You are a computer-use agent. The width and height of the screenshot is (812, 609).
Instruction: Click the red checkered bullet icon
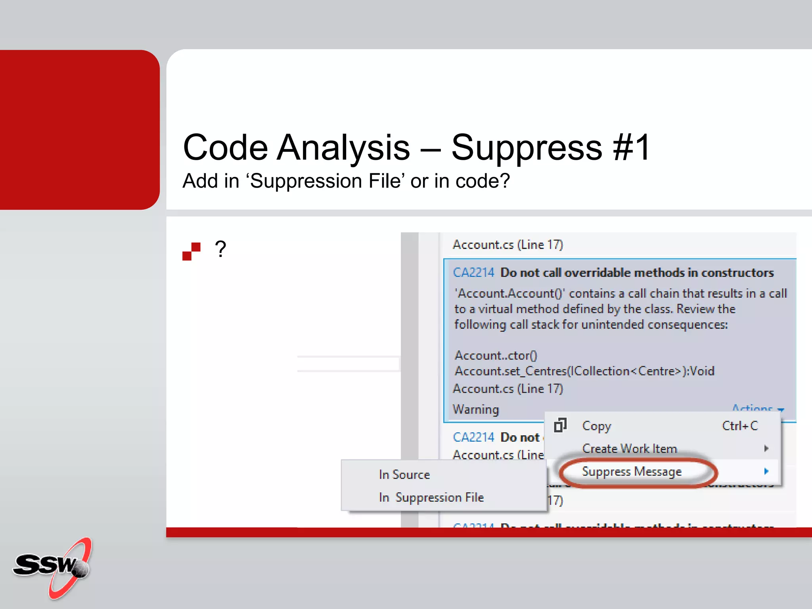click(x=191, y=251)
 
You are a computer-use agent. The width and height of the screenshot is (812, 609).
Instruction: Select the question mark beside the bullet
click(x=220, y=249)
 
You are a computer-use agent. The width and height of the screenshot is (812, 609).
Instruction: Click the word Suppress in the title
click(x=527, y=147)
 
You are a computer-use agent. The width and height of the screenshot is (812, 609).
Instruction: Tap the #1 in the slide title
click(x=631, y=147)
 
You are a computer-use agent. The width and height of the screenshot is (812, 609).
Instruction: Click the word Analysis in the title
click(x=343, y=147)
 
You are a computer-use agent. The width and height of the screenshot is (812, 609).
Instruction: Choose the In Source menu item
click(x=404, y=475)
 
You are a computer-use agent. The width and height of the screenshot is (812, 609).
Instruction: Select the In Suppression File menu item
click(x=431, y=497)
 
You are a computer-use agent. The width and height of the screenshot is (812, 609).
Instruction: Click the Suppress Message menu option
click(x=632, y=471)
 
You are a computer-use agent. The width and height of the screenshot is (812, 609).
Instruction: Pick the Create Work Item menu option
click(x=629, y=448)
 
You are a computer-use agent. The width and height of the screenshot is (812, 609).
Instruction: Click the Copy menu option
click(x=596, y=426)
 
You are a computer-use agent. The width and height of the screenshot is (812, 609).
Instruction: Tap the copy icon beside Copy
click(x=560, y=425)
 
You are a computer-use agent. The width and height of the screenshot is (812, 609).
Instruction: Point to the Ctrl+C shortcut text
click(x=739, y=426)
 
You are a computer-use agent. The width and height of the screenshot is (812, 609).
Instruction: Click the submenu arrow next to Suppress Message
click(x=766, y=471)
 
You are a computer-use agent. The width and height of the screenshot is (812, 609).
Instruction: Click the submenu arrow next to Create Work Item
click(x=766, y=448)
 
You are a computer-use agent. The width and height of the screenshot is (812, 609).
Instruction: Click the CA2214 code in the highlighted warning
click(x=473, y=272)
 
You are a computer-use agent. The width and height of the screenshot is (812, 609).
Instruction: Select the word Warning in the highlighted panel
click(x=476, y=409)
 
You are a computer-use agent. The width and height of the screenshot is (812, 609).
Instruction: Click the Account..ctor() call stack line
click(x=496, y=355)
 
